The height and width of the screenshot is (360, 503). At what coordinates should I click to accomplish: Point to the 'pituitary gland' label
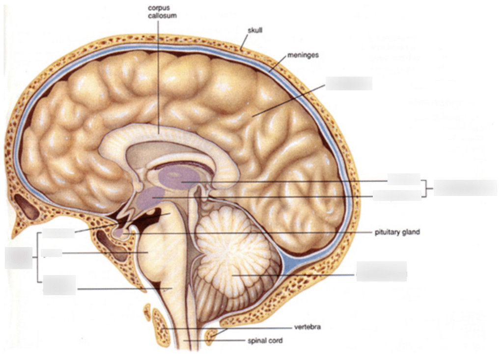coord(397,232)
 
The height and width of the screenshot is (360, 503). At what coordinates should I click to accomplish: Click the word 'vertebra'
coord(307,327)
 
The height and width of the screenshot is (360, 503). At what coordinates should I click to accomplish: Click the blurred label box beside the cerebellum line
coord(382,271)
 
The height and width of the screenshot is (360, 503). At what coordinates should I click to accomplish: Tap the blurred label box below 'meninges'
coord(349,83)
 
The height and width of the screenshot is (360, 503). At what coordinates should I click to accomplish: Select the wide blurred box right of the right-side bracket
coord(465,188)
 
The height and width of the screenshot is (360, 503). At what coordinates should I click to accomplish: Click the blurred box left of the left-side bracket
coord(18,258)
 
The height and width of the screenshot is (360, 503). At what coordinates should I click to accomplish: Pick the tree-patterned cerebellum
coord(231,255)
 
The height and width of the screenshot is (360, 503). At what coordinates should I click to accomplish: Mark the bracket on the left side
coord(37,257)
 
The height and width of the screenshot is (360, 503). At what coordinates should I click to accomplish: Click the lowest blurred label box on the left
coord(59,285)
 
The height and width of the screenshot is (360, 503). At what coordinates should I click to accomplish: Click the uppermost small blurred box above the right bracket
coord(404,179)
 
